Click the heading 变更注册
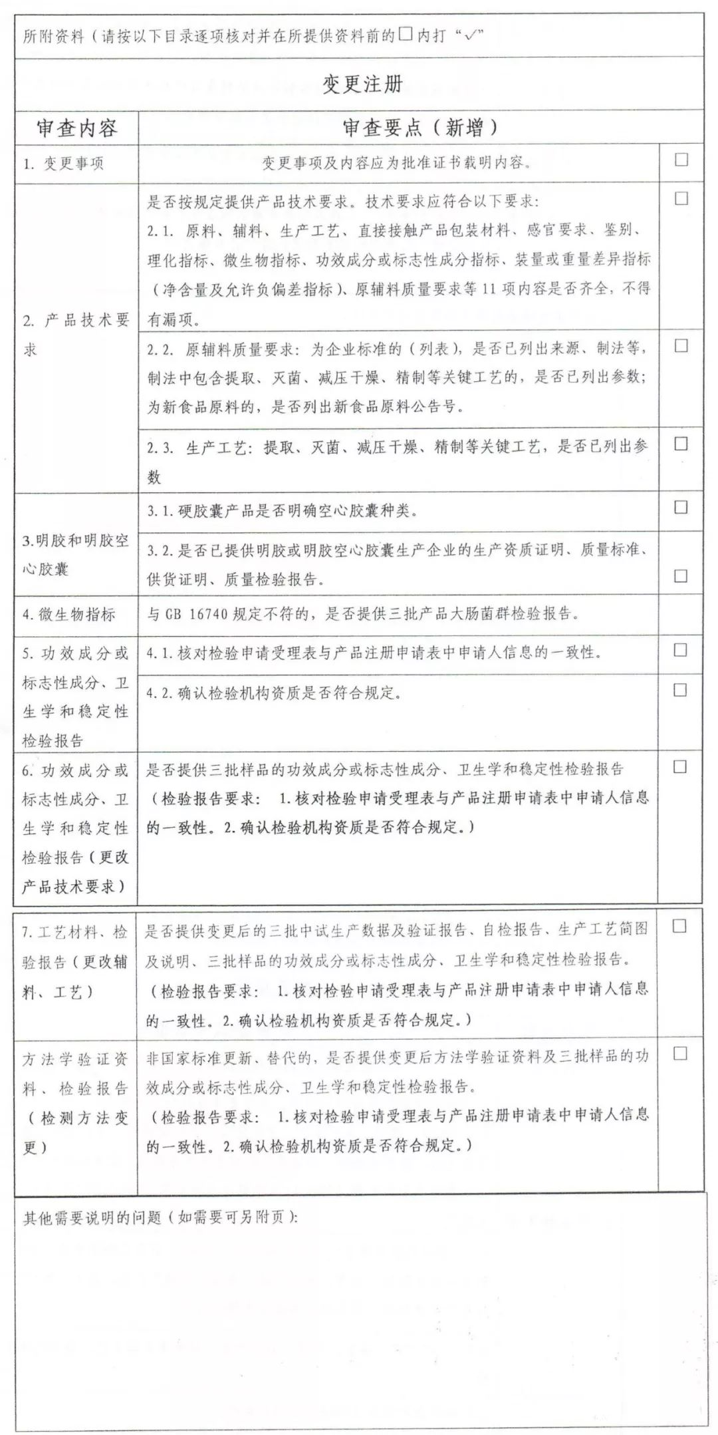[x=362, y=84]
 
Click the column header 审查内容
[x=76, y=128]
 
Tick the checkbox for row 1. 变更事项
[x=681, y=160]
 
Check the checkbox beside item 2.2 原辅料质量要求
[x=681, y=346]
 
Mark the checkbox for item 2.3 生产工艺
[x=681, y=444]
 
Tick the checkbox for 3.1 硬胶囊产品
[x=681, y=507]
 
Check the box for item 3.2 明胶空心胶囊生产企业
[x=681, y=576]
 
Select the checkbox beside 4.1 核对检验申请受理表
[x=681, y=650]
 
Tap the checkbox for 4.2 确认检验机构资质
[x=681, y=690]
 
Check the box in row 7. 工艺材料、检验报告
[x=679, y=926]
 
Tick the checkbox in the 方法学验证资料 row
[x=679, y=1054]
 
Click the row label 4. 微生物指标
[x=69, y=614]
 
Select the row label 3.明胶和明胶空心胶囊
[x=76, y=554]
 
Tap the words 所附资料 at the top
[x=53, y=36]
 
